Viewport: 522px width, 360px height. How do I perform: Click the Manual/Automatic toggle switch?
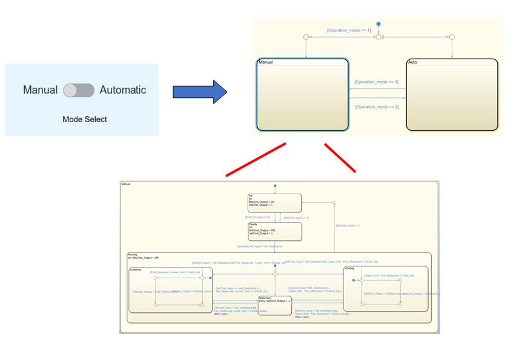79,90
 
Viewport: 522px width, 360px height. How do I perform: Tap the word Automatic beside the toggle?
123,90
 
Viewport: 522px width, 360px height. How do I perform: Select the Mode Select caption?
85,119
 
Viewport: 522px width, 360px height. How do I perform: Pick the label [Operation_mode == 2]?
377,107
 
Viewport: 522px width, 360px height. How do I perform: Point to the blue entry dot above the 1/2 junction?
378,24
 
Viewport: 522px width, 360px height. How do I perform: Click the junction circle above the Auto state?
452,37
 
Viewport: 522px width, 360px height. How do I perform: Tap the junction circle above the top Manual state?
306,37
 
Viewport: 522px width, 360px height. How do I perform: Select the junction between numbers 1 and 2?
378,37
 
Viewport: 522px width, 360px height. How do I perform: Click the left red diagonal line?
255,160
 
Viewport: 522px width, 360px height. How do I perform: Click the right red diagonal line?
340,158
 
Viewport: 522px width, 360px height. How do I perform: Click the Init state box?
274,203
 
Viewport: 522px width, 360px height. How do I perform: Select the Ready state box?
274,231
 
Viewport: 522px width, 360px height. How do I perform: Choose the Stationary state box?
274,306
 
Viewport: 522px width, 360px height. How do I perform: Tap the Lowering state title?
136,270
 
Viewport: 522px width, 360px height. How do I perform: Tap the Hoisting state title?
350,268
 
